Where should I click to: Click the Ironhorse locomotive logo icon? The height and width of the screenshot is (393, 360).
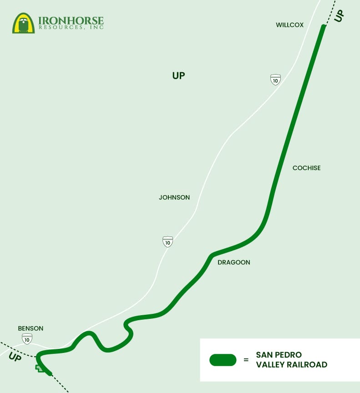point(23,23)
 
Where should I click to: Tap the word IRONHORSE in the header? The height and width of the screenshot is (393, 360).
point(71,20)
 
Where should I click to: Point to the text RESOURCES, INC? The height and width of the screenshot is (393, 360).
point(71,28)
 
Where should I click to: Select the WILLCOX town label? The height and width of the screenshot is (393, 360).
point(289,25)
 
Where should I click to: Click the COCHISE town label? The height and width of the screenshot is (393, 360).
point(306,168)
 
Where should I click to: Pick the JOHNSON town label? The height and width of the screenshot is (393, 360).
point(174,197)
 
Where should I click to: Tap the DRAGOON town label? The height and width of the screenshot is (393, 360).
point(234,262)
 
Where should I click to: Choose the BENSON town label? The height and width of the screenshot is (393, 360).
point(30,328)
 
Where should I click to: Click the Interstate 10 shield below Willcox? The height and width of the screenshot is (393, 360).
point(275,80)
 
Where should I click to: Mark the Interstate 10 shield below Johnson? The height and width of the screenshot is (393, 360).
point(168,242)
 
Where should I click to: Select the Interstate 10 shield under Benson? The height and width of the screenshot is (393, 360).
point(27,338)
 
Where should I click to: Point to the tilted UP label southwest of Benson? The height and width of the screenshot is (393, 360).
point(15,358)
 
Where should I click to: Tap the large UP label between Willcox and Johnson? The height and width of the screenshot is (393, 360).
point(178,76)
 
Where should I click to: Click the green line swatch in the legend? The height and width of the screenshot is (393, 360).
point(223,360)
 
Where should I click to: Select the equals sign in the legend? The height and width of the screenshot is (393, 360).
point(246,360)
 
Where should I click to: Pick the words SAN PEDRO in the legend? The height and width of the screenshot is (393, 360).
point(279,355)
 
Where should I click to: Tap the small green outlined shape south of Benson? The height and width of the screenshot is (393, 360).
point(41,368)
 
